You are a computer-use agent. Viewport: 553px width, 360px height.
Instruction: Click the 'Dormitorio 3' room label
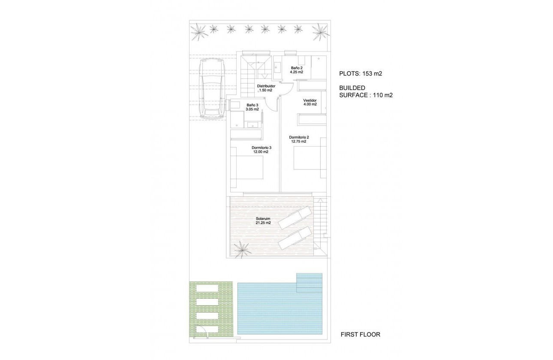tap(261, 147)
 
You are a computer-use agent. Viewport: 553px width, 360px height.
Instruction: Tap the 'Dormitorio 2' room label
tap(299, 138)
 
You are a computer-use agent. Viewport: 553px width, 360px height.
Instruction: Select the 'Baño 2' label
tap(297, 68)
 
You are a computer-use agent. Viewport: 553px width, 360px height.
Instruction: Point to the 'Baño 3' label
tap(252, 105)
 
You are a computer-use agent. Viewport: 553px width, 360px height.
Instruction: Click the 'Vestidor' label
tap(310, 100)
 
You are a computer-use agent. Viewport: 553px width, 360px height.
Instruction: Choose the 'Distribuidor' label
tap(266, 86)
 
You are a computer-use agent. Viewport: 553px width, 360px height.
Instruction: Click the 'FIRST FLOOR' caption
tap(360, 334)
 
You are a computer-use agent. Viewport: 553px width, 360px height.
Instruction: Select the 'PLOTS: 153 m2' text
tap(361, 73)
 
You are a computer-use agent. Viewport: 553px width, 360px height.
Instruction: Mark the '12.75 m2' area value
tap(299, 141)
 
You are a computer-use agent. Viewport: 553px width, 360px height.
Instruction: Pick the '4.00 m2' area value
tap(310, 104)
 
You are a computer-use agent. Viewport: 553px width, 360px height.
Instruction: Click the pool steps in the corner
tap(309, 283)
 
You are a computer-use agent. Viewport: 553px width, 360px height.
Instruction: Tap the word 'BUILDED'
tap(352, 87)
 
